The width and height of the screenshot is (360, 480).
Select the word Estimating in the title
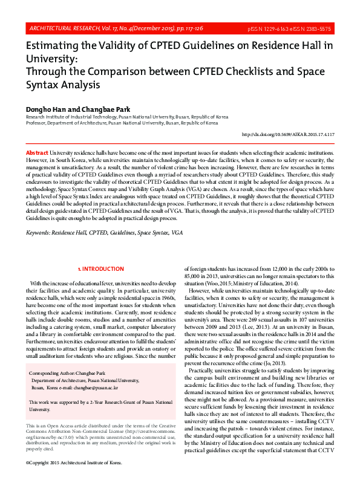[55, 47]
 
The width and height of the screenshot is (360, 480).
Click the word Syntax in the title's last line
[42, 85]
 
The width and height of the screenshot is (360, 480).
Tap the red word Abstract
[37, 154]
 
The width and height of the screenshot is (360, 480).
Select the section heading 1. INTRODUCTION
[102, 268]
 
